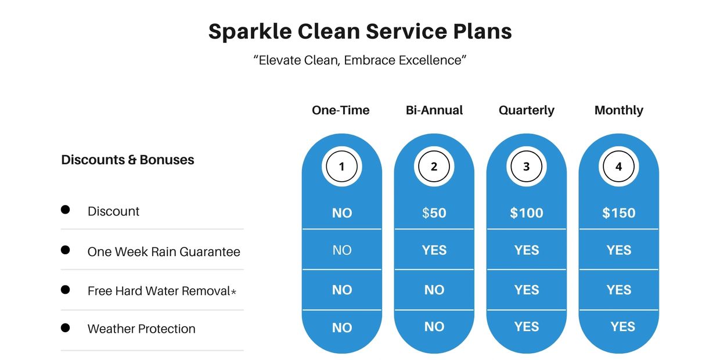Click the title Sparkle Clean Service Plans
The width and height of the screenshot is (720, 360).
[360, 31]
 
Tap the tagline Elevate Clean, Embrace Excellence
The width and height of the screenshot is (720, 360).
[360, 60]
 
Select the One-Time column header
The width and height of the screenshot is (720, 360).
[341, 110]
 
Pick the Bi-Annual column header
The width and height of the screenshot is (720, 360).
[434, 110]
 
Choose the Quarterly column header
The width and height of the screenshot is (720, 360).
[527, 110]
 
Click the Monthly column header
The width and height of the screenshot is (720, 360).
[619, 110]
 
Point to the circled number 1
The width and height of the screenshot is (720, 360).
[341, 167]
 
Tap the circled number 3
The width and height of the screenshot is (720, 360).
[526, 167]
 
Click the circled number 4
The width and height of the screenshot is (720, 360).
[619, 167]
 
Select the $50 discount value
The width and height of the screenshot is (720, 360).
[434, 213]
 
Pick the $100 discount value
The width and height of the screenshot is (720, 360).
[527, 213]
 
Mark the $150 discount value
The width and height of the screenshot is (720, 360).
[619, 213]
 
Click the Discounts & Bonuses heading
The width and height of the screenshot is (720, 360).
[128, 160]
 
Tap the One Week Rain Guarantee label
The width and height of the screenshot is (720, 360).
[164, 251]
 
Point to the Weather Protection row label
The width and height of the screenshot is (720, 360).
[142, 329]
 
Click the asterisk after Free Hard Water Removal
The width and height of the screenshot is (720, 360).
[233, 291]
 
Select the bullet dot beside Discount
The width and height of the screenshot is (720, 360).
[65, 210]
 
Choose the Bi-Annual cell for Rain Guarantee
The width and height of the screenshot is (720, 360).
[434, 250]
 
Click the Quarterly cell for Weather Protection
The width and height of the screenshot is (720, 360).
[527, 326]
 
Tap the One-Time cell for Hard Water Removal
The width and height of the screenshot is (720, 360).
[342, 290]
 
